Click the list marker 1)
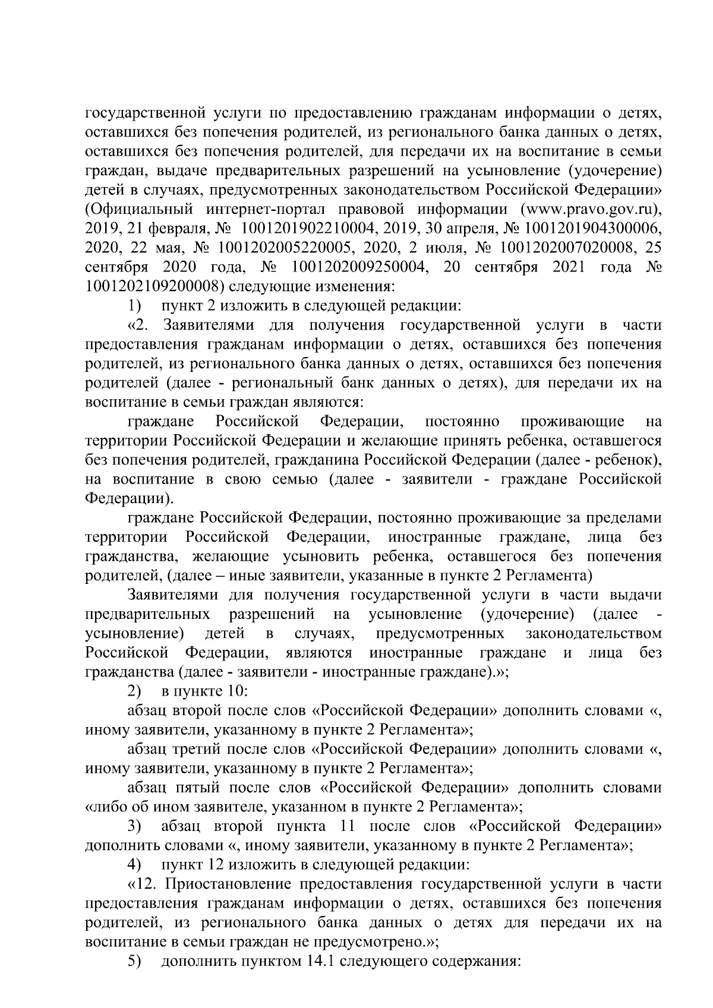(135, 306)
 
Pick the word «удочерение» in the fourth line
(616, 171)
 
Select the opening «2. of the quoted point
(137, 325)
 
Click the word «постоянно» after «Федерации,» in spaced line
(462, 422)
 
